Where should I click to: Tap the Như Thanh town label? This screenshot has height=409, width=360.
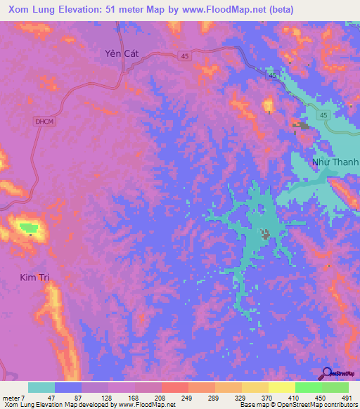335,162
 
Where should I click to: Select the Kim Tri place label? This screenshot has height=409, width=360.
35,278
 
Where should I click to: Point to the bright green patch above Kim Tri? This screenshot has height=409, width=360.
28,227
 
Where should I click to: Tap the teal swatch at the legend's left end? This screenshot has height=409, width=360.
41,387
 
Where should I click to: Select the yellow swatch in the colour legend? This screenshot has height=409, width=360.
282,387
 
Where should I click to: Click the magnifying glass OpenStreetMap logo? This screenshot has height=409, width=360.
326,374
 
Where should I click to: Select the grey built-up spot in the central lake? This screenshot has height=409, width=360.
265,233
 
